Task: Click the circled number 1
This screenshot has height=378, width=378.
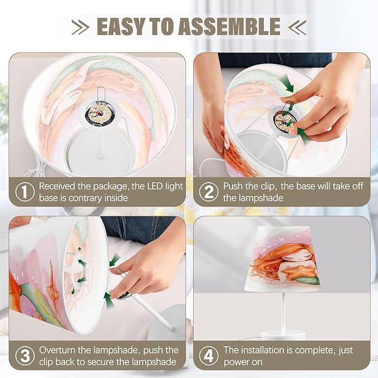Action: [x=25, y=192]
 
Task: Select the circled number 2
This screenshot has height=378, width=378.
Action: [x=209, y=192]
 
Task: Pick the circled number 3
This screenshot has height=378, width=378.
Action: [x=25, y=356]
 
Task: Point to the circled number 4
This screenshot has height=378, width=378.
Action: [x=209, y=356]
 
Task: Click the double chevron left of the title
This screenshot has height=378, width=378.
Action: [x=81, y=27]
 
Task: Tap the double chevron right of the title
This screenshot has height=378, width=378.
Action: [x=297, y=27]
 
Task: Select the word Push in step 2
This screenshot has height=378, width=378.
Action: [x=233, y=186]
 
